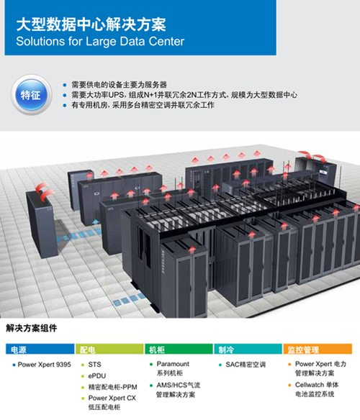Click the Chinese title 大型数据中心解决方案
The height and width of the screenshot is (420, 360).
point(91,24)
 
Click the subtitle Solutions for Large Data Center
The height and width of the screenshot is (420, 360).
point(100,42)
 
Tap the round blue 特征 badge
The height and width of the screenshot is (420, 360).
point(31,95)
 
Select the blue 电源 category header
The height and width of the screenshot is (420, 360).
point(40,350)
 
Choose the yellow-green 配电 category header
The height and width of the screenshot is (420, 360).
point(109,350)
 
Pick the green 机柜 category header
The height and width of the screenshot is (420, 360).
point(179,350)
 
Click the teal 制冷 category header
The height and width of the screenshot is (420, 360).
point(248,350)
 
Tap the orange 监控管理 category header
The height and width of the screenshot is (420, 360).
point(318,350)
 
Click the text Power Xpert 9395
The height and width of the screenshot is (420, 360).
point(44,365)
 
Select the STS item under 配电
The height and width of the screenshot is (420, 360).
point(95,365)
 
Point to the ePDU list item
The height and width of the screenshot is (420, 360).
point(97,376)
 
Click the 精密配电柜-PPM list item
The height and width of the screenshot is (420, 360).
point(112,387)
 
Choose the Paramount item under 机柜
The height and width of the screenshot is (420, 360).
point(173,368)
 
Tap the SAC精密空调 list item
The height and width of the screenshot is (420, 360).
point(246,365)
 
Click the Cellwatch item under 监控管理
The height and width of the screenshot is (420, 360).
point(317,390)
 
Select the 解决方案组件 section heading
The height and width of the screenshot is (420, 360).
point(32,328)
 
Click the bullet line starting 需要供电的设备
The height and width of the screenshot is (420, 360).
point(119,85)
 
